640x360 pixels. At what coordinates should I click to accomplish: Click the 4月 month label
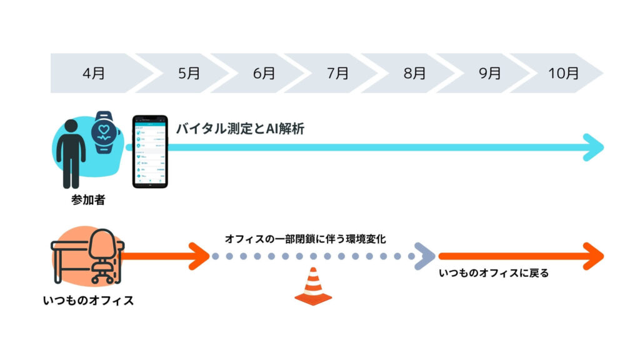94,73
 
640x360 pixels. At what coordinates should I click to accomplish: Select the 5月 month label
189,73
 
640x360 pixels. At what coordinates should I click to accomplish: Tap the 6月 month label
264,73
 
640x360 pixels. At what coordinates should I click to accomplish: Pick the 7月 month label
338,73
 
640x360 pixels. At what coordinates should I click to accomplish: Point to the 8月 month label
414,73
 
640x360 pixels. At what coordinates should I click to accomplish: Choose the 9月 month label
490,73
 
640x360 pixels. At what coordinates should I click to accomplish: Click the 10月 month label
564,73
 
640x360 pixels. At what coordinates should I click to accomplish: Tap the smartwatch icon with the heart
104,132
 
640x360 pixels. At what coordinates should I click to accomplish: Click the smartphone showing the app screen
150,151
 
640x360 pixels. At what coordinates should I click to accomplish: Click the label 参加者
87,202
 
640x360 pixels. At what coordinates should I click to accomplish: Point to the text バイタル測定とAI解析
241,129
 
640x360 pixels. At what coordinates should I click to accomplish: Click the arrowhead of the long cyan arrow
594,148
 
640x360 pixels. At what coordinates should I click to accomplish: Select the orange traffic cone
313,287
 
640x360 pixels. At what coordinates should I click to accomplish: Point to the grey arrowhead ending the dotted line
426,256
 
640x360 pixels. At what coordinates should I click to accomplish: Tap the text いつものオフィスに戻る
494,273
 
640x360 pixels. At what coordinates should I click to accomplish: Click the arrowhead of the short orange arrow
200,256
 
